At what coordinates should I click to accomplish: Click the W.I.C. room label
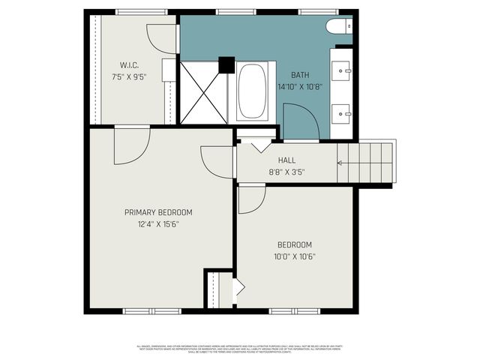(x=128, y=64)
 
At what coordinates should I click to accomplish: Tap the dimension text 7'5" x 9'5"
(x=128, y=76)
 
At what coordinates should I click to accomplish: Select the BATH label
(x=300, y=76)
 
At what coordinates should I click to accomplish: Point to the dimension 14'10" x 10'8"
(x=300, y=86)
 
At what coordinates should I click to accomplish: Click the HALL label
(x=286, y=160)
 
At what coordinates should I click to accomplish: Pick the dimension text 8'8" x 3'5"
(x=286, y=172)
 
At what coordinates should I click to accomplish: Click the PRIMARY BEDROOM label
(x=158, y=212)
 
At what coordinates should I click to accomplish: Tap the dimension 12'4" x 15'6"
(x=158, y=223)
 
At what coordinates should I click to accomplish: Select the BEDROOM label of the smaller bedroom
(x=294, y=244)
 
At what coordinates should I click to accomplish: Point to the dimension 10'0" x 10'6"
(x=294, y=256)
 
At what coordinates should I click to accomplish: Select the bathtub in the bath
(x=253, y=91)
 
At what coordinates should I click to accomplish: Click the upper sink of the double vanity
(x=344, y=72)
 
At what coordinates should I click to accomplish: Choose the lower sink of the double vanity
(x=344, y=115)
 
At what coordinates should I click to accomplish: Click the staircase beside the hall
(x=365, y=161)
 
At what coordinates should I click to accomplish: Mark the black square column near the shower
(x=225, y=65)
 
